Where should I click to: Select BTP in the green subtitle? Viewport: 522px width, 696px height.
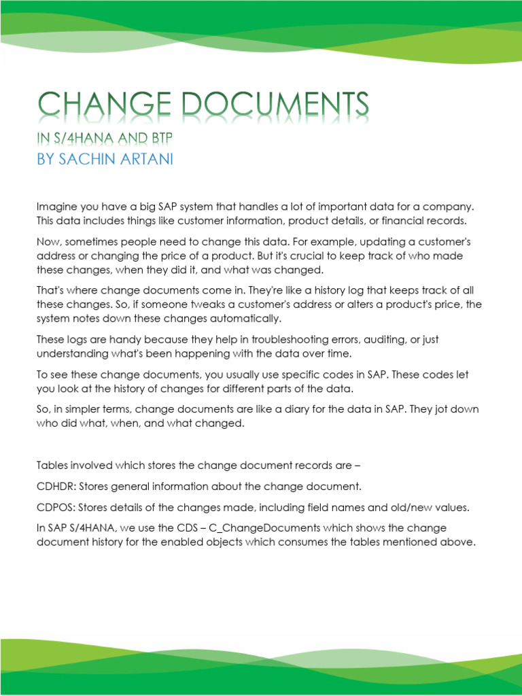point(160,139)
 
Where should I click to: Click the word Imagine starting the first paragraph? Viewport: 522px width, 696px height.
point(56,206)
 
